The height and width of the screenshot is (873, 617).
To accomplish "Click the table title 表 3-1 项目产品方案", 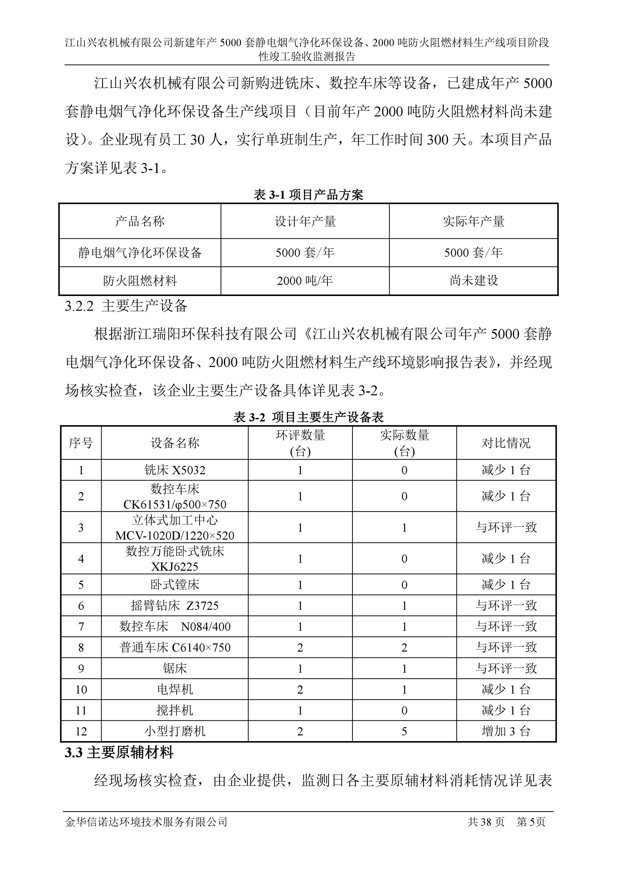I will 308,195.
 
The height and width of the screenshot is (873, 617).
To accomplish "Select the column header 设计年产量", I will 305,221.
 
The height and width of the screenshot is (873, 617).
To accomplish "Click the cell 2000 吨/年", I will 305,281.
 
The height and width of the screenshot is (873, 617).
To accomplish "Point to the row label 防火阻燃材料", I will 140,281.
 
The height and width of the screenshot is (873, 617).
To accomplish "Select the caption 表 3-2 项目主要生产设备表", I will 308,417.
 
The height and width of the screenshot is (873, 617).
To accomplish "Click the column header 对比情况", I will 506,443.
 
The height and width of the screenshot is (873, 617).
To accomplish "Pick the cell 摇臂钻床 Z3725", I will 175,606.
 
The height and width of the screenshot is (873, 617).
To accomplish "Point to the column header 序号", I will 81,443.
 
